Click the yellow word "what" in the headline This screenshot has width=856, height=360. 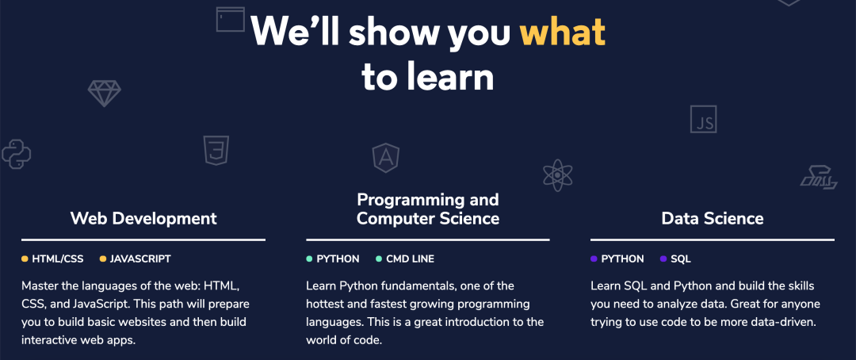(x=562, y=31)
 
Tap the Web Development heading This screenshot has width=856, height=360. (x=143, y=219)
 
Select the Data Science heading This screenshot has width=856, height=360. (x=713, y=219)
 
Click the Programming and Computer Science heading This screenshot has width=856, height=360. (x=428, y=209)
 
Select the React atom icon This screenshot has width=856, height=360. (x=557, y=175)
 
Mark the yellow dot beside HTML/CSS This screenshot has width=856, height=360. (x=25, y=259)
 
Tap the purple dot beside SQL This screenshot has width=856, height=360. (x=663, y=259)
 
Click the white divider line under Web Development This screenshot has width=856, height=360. (x=143, y=239)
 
